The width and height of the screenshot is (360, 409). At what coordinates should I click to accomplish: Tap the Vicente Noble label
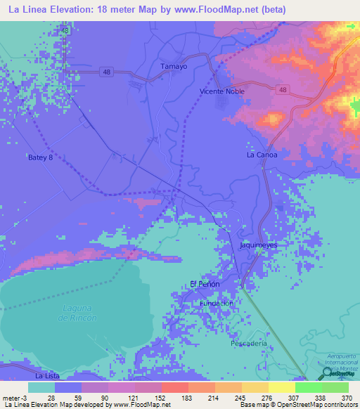[x=223, y=91]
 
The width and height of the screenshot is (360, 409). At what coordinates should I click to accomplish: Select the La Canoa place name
[x=262, y=155]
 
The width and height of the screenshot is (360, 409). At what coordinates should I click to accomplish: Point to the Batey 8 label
[x=40, y=157]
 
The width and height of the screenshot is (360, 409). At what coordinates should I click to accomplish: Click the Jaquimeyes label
[x=259, y=245]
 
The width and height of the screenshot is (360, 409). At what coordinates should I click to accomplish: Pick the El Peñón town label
[x=205, y=284]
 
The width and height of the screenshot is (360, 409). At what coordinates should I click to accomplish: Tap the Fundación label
[x=217, y=303]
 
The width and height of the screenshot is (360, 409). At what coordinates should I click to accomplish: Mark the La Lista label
[x=48, y=376]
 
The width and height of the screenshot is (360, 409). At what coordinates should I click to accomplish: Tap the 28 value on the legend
[x=51, y=397]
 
